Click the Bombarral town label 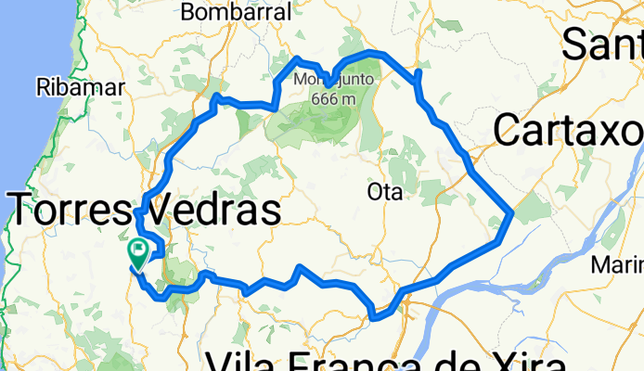236,12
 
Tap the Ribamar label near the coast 81,88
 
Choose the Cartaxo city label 568,132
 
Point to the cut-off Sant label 603,42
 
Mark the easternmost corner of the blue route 511,214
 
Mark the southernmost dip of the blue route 374,318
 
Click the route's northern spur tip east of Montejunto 419,71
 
